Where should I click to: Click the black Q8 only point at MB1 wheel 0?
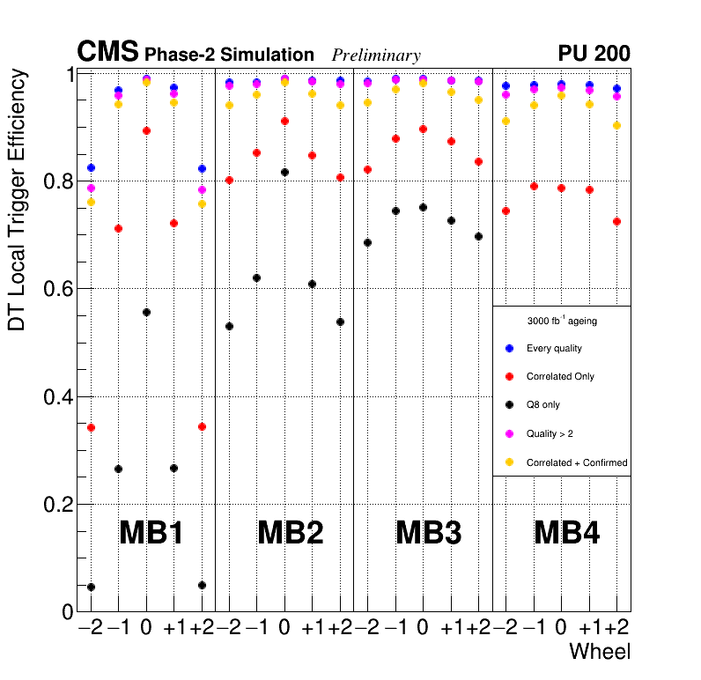pos(146,313)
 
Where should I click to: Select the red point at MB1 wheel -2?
pos(91,428)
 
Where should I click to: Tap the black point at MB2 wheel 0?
pos(284,172)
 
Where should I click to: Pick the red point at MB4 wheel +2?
pos(617,221)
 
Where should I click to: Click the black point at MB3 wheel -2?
pos(367,242)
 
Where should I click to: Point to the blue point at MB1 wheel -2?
pos(91,167)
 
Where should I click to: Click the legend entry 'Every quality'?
pos(554,348)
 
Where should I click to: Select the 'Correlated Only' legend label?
pos(560,376)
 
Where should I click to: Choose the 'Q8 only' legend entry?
pos(542,405)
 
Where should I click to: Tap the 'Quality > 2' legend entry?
pos(550,433)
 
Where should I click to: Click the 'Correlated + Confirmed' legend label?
pos(577,462)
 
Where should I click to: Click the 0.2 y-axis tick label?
pos(55,505)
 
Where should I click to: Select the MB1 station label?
pos(151,533)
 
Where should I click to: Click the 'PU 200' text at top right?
pos(594,54)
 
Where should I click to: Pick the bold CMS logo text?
pos(107,52)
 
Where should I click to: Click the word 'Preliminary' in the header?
pos(376,55)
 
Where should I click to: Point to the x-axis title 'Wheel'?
pos(600,653)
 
